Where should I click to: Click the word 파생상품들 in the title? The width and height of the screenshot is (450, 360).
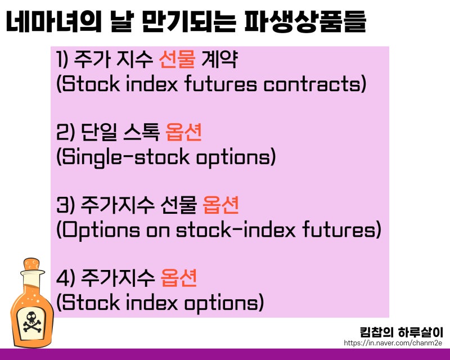(305, 21)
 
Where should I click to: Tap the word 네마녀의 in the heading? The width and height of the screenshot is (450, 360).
(53, 21)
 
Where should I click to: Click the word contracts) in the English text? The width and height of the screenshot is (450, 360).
(315, 84)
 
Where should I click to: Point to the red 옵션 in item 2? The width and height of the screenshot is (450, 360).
(184, 132)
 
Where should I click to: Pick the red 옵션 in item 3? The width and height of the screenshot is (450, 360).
(220, 205)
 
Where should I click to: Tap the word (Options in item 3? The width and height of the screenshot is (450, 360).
(98, 230)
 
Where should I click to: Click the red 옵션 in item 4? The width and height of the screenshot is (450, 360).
(178, 278)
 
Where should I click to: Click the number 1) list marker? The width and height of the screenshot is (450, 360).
(62, 59)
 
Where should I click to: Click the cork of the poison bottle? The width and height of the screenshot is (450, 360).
(32, 264)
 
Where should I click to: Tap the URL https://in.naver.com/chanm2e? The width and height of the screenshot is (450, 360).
(393, 343)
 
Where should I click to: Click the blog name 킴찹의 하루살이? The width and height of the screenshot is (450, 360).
(401, 332)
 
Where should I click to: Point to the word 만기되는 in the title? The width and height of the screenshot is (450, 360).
(188, 21)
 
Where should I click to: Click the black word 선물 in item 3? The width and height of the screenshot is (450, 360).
(178, 205)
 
